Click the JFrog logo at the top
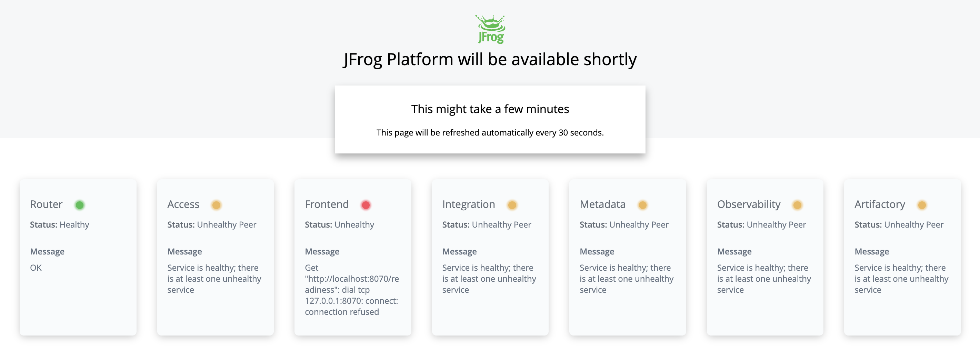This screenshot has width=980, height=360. click(490, 29)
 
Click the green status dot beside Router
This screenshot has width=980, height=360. click(80, 205)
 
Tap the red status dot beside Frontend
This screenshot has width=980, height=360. click(366, 205)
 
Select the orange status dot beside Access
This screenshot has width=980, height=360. click(216, 205)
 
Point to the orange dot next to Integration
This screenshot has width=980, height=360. click(512, 205)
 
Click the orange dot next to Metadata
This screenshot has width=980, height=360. click(642, 205)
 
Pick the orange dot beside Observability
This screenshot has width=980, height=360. click(797, 205)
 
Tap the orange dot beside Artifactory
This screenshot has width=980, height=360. click(922, 205)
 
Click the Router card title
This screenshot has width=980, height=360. click(46, 204)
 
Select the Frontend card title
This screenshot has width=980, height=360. click(327, 204)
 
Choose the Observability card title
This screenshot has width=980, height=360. click(748, 204)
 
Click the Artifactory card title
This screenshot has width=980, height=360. click(880, 204)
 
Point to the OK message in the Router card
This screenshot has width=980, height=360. click(36, 268)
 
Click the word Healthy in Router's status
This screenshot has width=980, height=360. click(74, 224)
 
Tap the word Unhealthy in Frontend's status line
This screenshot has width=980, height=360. click(354, 224)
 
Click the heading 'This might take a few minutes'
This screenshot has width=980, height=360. click(490, 109)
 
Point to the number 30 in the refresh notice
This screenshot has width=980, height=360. click(563, 132)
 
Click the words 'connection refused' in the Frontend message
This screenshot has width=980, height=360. click(342, 312)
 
